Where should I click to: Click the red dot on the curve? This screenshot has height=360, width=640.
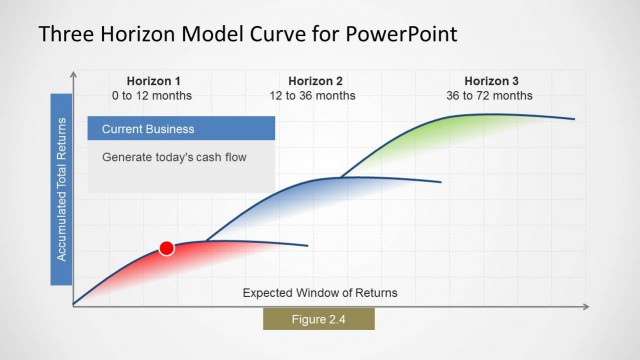pyautogui.click(x=167, y=248)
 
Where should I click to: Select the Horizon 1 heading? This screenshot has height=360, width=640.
pyautogui.click(x=154, y=81)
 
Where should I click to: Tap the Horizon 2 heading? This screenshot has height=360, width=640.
pyautogui.click(x=315, y=81)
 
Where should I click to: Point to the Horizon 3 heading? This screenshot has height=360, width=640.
pyautogui.click(x=491, y=81)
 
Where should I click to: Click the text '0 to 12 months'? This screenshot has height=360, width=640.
pyautogui.click(x=152, y=96)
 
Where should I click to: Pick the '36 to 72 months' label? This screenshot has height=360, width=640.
pyautogui.click(x=490, y=96)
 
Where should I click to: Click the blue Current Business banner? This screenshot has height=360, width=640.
pyautogui.click(x=181, y=129)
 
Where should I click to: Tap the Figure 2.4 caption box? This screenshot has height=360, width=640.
pyautogui.click(x=318, y=319)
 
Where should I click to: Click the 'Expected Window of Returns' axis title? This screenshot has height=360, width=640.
pyautogui.click(x=320, y=293)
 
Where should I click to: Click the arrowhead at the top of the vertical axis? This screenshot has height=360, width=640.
pyautogui.click(x=73, y=74)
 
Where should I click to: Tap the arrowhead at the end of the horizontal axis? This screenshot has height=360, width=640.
pyautogui.click(x=587, y=305)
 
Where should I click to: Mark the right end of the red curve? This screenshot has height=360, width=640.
pyautogui.click(x=306, y=245)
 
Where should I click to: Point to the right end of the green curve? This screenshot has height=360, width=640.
pyautogui.click(x=573, y=119)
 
